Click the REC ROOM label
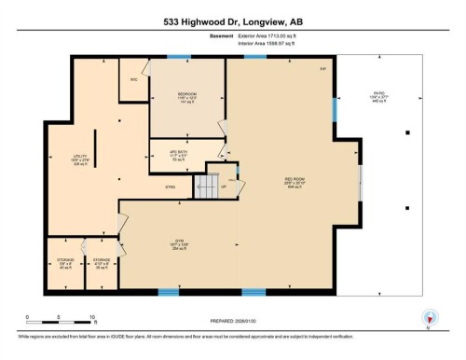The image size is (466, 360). click(295, 181)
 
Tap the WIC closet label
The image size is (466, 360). click(134, 79)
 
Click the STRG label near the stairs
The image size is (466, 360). click(171, 187)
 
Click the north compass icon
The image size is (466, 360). click(429, 316)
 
